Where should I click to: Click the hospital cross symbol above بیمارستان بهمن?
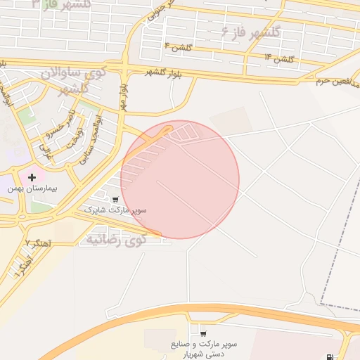(32, 177)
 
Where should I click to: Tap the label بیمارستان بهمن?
(32, 188)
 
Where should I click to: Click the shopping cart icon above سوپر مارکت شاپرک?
(115, 200)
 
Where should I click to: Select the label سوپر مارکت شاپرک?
(115, 210)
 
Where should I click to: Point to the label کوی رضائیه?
(117, 240)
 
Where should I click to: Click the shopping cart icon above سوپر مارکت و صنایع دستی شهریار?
(203, 333)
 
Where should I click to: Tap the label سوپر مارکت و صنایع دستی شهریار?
(203, 349)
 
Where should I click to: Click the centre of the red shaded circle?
(180, 179)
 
